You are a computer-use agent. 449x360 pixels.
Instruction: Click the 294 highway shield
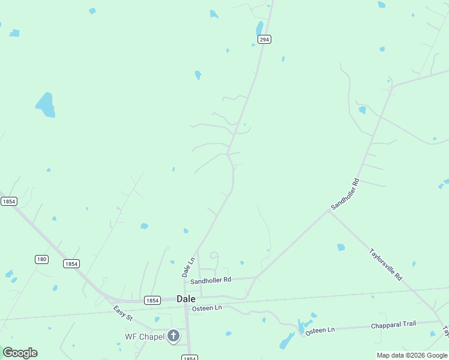click(265, 39)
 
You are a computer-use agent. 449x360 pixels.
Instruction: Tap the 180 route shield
click(41, 259)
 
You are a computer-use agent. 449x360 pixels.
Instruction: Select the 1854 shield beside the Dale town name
click(152, 300)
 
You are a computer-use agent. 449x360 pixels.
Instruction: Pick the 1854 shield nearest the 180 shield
click(71, 263)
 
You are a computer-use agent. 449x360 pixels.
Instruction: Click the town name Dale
click(185, 299)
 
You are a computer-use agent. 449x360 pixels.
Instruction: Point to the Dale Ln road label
click(189, 267)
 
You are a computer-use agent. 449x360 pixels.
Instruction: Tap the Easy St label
click(122, 313)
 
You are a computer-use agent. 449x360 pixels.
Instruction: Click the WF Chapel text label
click(144, 337)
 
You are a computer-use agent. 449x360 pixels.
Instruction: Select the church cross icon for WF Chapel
click(173, 336)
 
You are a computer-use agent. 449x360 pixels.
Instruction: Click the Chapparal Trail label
click(393, 324)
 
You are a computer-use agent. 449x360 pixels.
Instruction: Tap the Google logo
click(20, 353)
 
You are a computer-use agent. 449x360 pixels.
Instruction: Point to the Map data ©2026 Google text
click(412, 355)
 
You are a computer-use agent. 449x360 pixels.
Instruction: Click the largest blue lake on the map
click(46, 105)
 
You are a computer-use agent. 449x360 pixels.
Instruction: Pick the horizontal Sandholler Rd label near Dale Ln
click(211, 280)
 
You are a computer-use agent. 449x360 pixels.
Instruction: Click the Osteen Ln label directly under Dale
click(206, 308)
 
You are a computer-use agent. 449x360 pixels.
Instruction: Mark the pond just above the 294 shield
click(259, 28)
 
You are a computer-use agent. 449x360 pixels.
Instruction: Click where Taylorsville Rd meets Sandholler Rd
click(328, 211)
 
